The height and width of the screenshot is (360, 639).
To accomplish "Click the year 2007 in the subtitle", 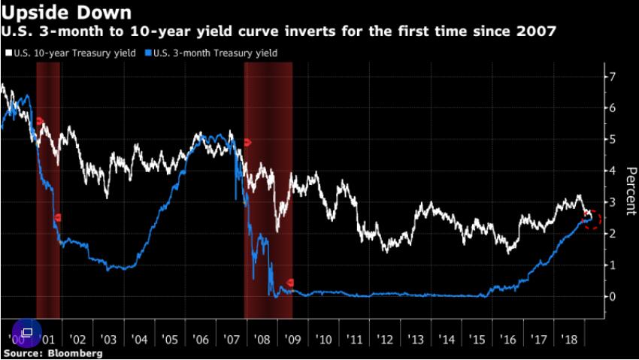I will coord(537,32).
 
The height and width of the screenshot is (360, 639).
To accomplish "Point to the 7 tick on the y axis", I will coord(613,77).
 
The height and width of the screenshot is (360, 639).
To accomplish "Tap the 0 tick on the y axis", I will coord(613,296).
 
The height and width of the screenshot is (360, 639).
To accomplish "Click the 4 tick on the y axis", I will coord(613,171).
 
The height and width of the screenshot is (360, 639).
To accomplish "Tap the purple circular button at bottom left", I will coord(26,332).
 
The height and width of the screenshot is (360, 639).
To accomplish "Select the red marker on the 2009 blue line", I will coord(291,283).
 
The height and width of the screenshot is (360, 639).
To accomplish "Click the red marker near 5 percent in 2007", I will coord(247,142).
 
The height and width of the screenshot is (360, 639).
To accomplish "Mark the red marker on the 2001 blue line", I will coord(57,218).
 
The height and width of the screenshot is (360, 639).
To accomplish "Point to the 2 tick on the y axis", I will coord(613,233).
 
